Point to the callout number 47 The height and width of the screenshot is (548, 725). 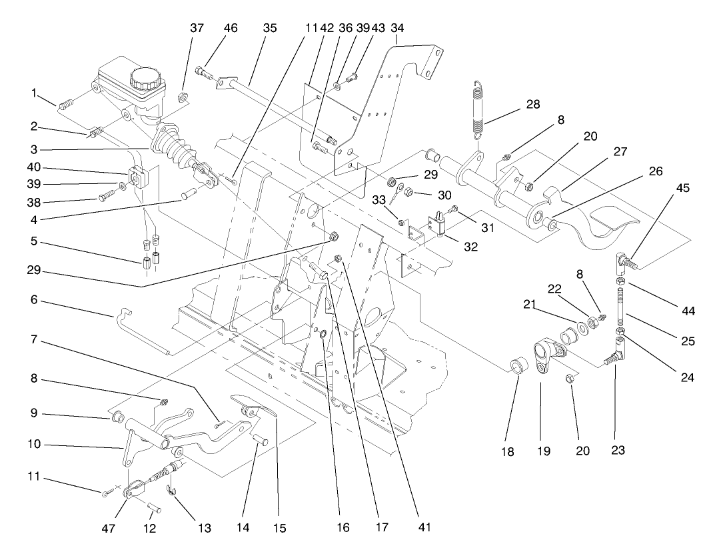(108, 527)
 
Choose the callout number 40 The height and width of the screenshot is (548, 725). (41, 169)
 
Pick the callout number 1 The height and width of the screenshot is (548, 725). (33, 93)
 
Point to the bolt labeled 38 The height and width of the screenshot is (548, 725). (107, 197)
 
